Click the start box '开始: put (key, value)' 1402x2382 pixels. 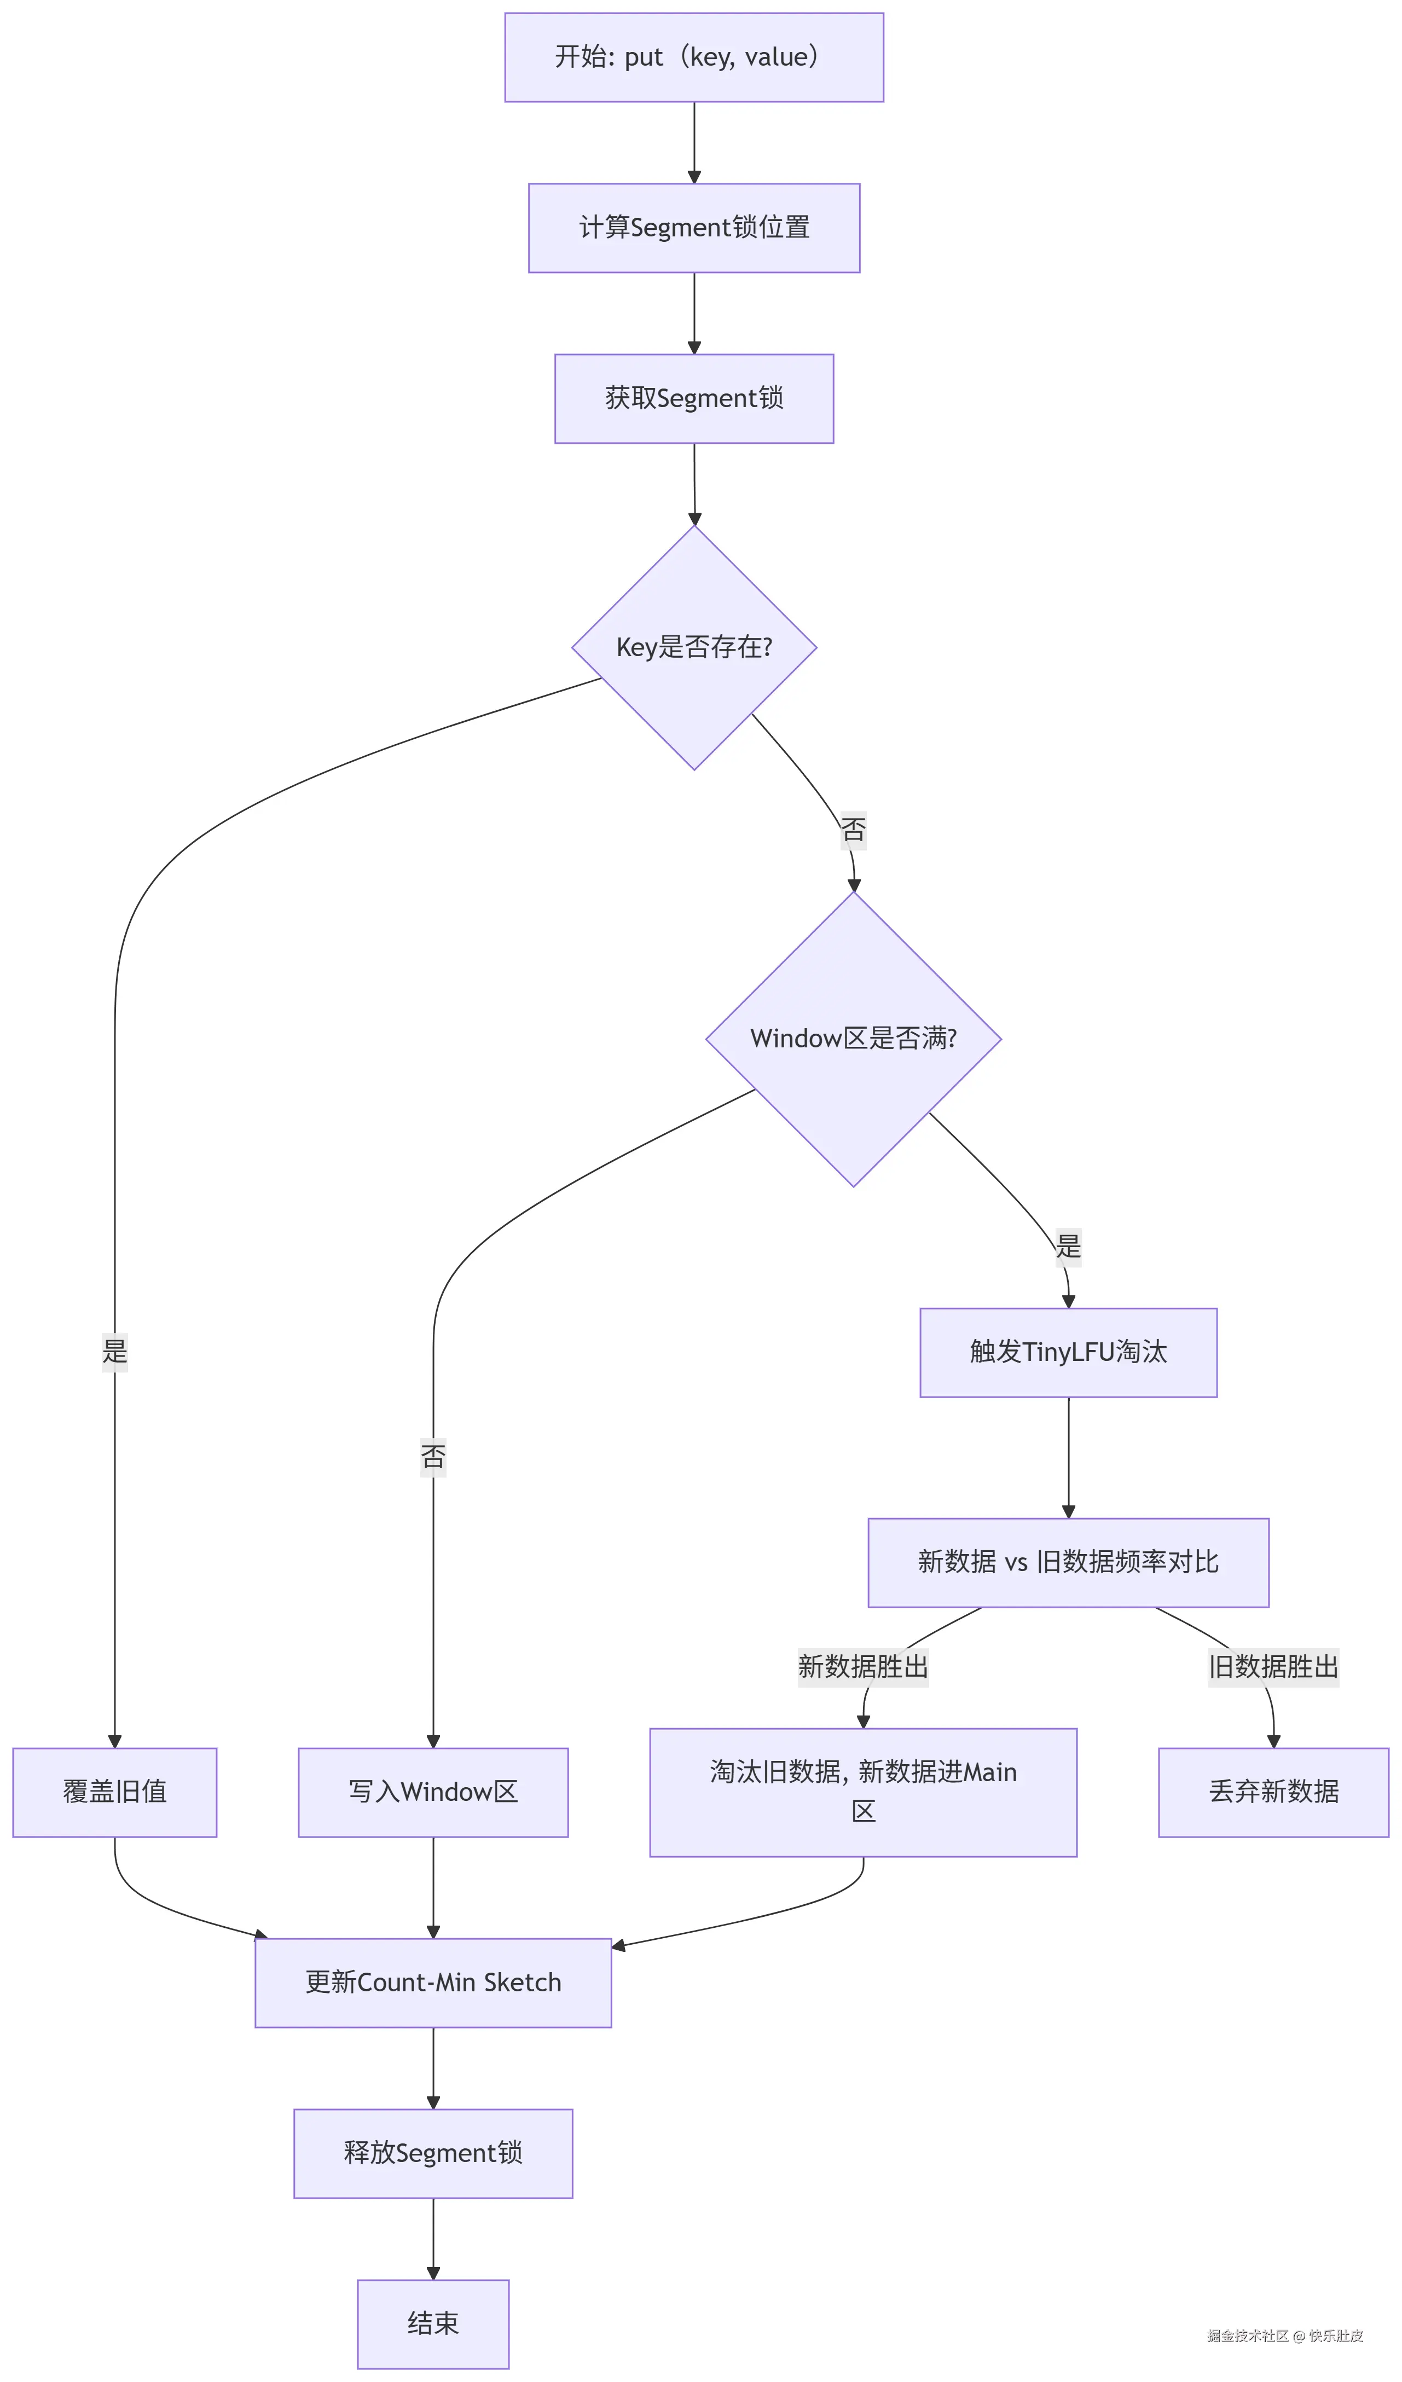pos(694,57)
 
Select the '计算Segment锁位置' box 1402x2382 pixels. pos(694,228)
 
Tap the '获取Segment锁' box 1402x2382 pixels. pos(694,399)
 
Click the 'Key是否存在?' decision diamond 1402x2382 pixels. pos(694,647)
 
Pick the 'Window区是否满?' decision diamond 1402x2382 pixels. pos(853,1039)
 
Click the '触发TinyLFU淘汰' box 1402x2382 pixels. pos(1068,1353)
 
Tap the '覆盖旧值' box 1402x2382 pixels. pos(114,1792)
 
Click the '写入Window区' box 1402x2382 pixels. pos(433,1792)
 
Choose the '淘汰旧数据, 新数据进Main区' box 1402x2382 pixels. pos(863,1792)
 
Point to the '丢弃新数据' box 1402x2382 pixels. pos(1273,1792)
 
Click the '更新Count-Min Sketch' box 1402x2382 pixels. pos(433,1983)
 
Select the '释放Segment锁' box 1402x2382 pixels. pos(433,2153)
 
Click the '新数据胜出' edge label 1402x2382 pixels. pos(863,1666)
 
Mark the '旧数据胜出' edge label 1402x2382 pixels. pos(1273,1666)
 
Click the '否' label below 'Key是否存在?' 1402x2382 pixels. pos(853,830)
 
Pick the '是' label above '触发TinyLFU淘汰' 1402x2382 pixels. pos(1068,1247)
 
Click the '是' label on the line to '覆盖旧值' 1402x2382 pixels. pos(114,1352)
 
